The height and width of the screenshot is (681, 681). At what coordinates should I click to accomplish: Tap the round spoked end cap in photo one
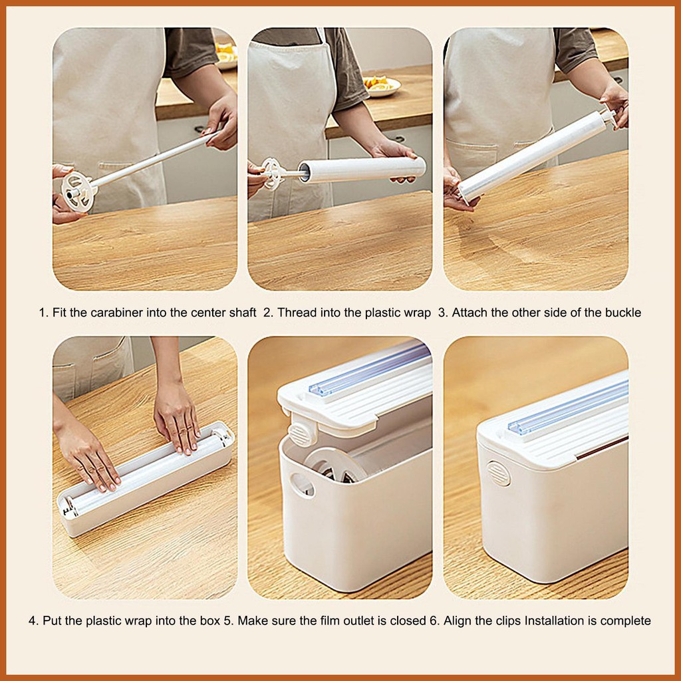78,191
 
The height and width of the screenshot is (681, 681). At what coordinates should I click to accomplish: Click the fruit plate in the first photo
226,56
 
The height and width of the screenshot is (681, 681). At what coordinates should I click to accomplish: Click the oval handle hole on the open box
302,485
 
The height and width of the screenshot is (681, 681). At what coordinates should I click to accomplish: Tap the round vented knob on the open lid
299,433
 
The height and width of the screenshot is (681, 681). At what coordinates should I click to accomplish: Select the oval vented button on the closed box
498,474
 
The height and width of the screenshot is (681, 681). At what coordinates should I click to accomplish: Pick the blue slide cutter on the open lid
369,368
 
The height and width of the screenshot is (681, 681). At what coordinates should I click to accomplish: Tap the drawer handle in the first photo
200,130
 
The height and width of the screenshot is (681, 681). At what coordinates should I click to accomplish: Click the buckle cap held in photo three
608,116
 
